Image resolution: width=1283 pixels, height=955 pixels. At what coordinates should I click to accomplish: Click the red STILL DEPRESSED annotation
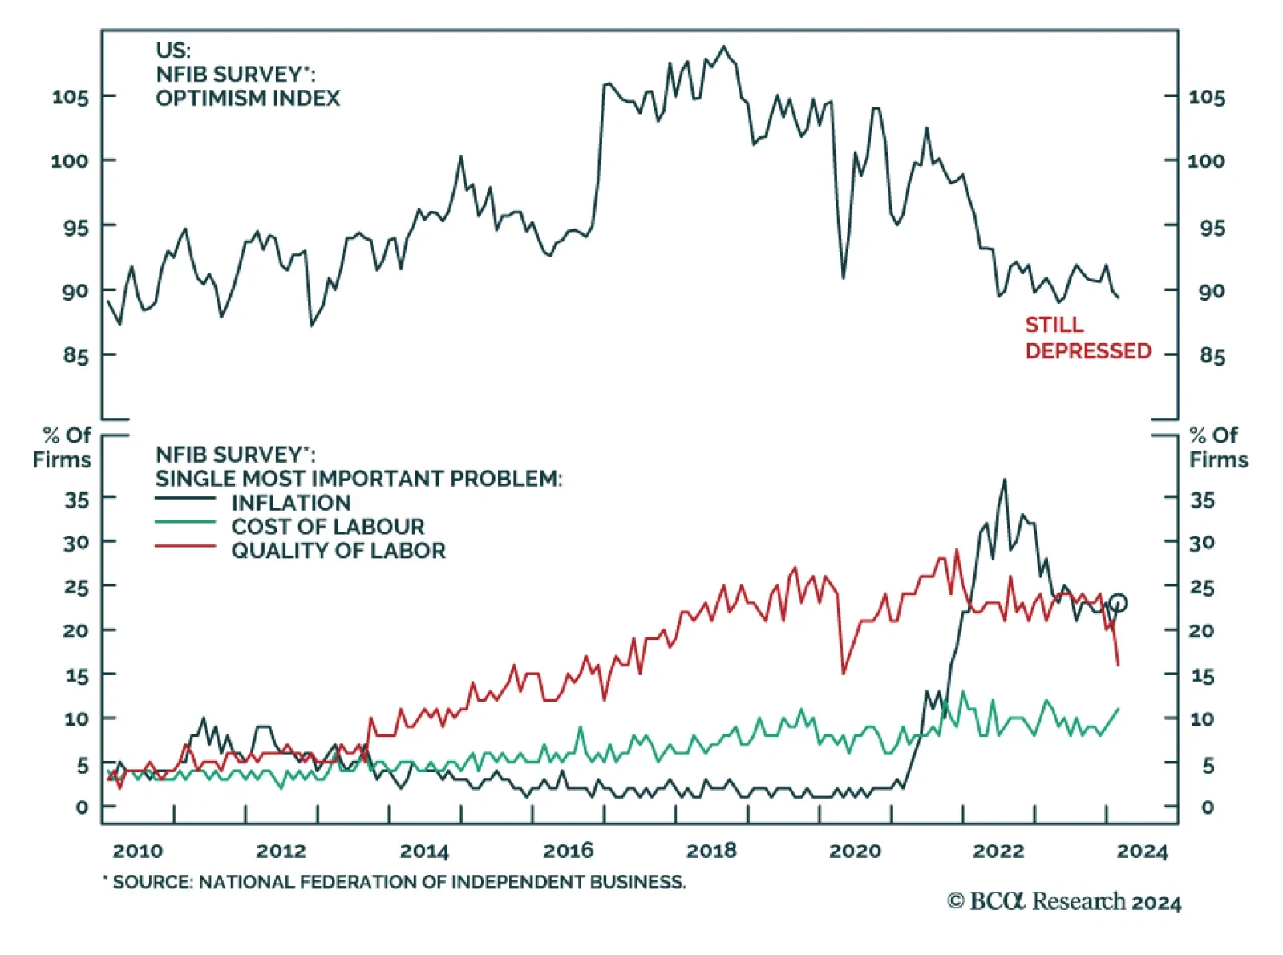(1087, 338)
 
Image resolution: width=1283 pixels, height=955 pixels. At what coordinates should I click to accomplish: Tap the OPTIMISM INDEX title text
(247, 98)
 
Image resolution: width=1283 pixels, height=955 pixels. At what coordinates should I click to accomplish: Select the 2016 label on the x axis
(568, 851)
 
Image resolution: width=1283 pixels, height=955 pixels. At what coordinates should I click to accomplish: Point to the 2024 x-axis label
(1142, 851)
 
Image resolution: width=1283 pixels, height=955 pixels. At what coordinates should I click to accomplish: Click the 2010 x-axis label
(138, 851)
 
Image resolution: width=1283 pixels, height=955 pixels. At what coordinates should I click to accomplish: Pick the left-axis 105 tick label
(71, 97)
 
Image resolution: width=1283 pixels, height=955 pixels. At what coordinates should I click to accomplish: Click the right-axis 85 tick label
(1212, 356)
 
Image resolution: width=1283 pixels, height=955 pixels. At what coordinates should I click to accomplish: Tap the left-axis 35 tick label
(76, 500)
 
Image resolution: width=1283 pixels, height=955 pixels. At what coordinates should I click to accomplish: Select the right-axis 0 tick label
(1208, 807)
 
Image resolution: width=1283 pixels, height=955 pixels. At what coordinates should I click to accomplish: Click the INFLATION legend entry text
(291, 503)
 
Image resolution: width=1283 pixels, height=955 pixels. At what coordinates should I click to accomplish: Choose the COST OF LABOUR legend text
(327, 527)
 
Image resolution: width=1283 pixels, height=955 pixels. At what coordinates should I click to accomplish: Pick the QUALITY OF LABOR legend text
(338, 551)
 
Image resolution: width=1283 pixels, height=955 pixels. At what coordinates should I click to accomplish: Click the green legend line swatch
(185, 523)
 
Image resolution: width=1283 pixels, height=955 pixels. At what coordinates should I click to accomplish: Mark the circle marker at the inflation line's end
(1119, 603)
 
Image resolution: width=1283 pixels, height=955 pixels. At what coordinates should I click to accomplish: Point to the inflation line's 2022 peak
(1004, 480)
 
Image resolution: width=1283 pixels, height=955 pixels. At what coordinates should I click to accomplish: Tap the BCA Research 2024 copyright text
(1064, 902)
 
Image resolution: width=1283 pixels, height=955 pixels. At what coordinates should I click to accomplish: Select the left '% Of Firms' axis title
(63, 447)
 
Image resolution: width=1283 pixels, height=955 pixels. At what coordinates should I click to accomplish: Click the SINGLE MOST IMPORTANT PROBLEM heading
(358, 479)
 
